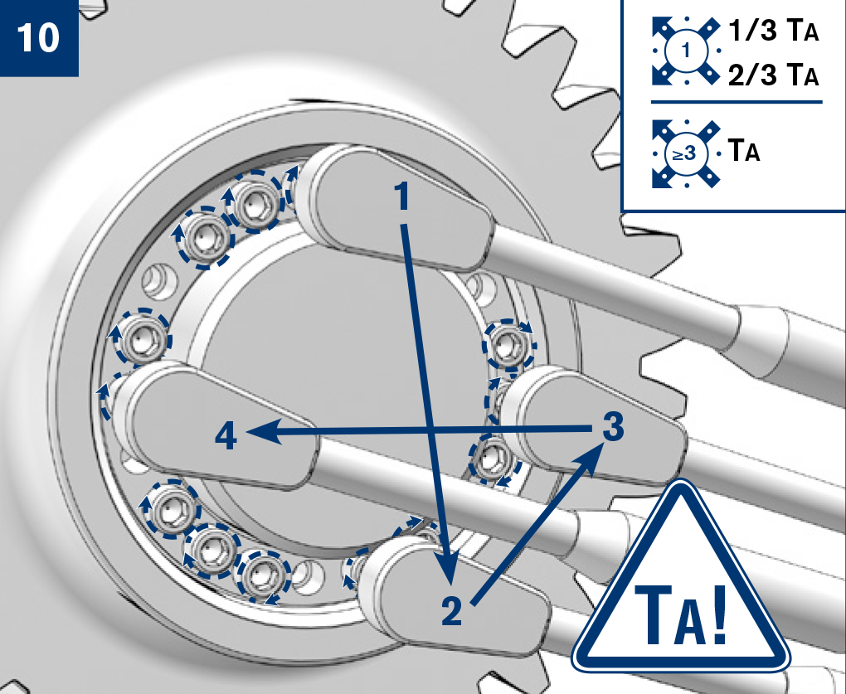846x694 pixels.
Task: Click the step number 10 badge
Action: [x=39, y=38]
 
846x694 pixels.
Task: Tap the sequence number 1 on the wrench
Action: [x=402, y=197]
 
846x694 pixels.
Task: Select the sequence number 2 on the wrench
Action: [x=451, y=611]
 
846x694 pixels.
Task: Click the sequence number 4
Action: [x=226, y=436]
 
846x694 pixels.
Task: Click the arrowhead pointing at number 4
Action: [x=265, y=431]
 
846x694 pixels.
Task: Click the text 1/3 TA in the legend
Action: [x=773, y=31]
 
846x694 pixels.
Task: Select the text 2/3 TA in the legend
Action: [x=773, y=75]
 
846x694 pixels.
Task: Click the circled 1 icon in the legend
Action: [x=686, y=51]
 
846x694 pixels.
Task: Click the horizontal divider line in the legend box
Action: [x=737, y=101]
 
